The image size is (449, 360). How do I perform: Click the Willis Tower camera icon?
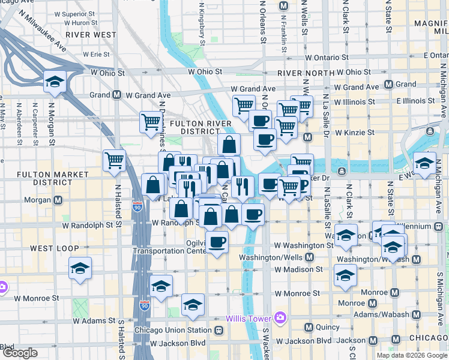click(x=279, y=317)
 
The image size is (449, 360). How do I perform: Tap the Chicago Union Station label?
click(x=173, y=330)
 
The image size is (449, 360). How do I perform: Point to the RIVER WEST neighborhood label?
click(x=91, y=35)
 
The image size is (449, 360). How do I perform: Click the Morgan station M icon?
click(x=58, y=200)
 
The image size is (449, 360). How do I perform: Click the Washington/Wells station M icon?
click(x=309, y=257)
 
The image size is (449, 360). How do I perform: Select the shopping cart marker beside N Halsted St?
click(x=114, y=160)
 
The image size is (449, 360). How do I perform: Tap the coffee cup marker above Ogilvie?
click(x=217, y=242)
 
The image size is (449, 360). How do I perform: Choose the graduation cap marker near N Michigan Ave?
click(x=424, y=163)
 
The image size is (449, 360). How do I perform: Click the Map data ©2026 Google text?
click(x=412, y=355)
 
